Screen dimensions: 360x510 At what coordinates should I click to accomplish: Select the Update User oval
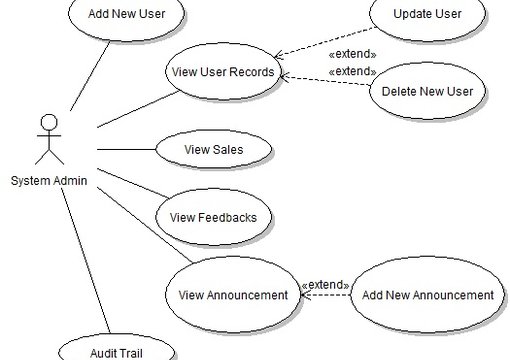click(x=426, y=15)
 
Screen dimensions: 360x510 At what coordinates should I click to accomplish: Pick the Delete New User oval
click(x=427, y=91)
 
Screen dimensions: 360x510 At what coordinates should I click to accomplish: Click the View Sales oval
click(x=213, y=150)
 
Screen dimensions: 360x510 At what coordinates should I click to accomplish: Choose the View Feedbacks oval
click(x=213, y=216)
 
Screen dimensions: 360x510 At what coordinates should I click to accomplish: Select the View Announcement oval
click(x=232, y=295)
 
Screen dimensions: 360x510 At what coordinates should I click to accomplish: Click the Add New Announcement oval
click(x=427, y=295)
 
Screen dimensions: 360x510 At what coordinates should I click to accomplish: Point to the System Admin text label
click(x=49, y=180)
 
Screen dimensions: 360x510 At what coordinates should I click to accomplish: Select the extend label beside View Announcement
click(x=325, y=284)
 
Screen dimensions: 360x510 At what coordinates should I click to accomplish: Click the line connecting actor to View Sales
click(x=126, y=150)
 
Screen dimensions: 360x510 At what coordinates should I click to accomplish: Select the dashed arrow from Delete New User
click(x=325, y=83)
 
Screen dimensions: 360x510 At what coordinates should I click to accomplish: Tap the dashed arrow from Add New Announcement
click(x=325, y=295)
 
